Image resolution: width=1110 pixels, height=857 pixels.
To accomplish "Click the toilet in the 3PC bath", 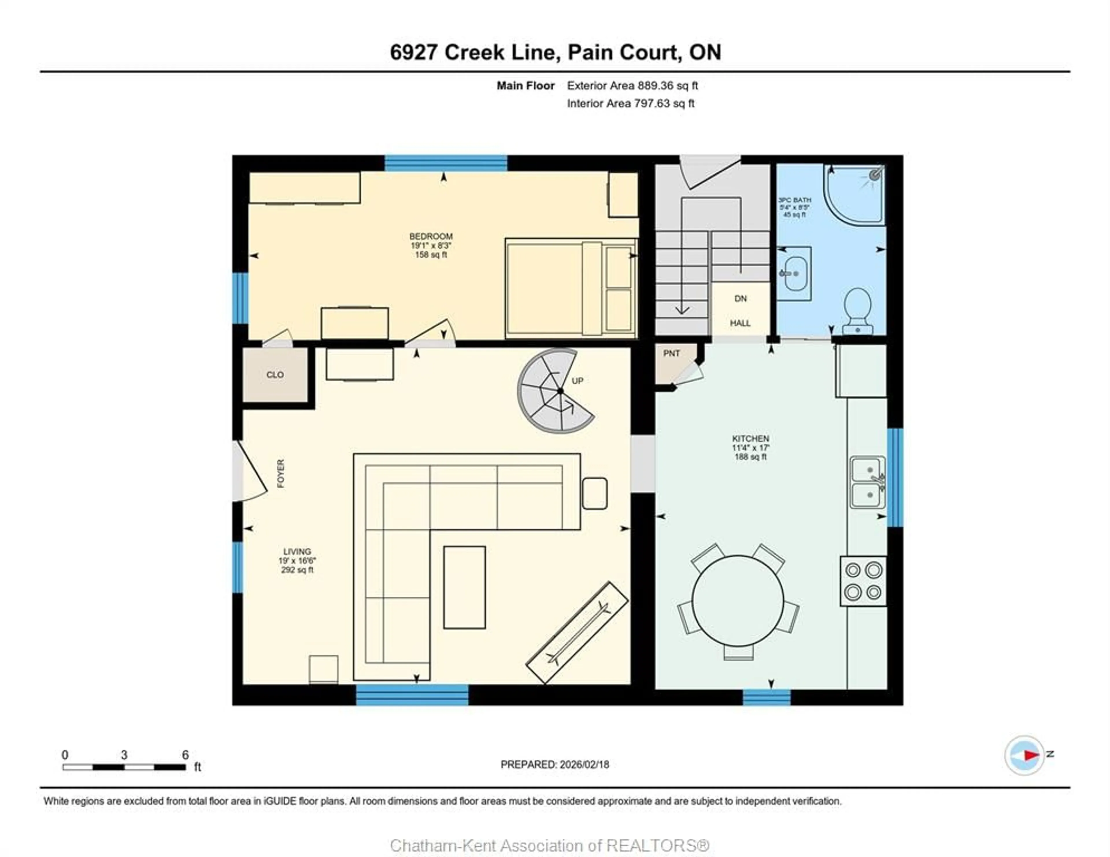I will point(857,308).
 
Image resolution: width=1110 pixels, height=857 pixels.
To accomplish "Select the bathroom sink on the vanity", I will point(795,273).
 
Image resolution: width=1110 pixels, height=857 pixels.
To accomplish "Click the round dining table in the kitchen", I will point(737,601).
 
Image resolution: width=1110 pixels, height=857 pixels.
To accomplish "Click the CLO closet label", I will point(275,375).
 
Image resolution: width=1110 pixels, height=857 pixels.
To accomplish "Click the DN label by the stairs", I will point(741,299).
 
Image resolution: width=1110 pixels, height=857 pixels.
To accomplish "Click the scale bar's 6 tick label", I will point(186,755).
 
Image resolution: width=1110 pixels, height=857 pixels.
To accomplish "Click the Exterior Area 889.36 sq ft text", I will point(632,86).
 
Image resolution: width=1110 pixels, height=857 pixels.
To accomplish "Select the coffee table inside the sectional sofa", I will point(464,587).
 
